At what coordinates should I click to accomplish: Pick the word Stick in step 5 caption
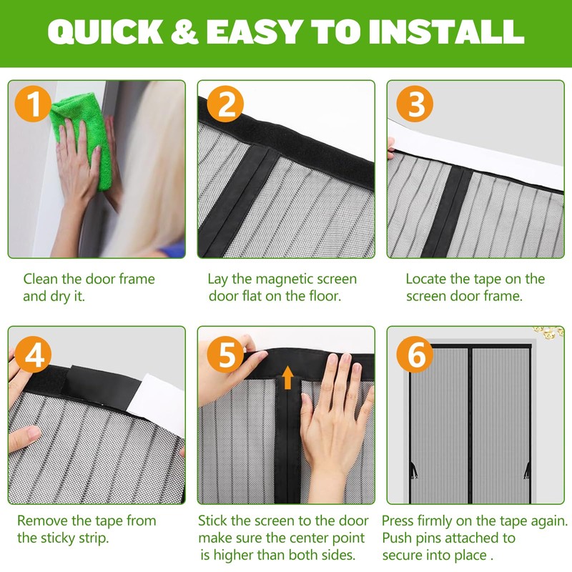[x=214, y=521]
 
